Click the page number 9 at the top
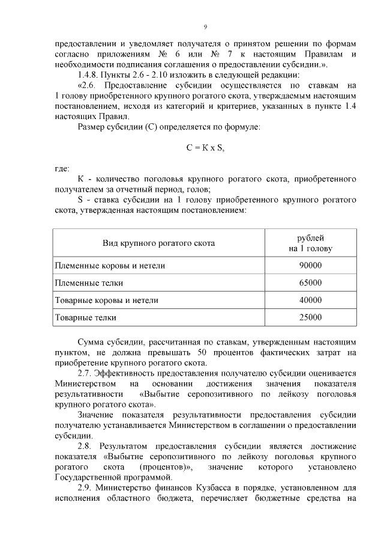(205, 27)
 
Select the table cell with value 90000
(310, 265)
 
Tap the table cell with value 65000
(310, 283)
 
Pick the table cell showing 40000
(310, 300)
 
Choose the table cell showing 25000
(310, 317)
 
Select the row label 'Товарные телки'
(85, 317)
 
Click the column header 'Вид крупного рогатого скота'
(158, 243)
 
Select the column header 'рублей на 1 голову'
(310, 243)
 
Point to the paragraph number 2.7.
(85, 373)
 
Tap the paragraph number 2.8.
(85, 447)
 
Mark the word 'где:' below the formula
(61, 168)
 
